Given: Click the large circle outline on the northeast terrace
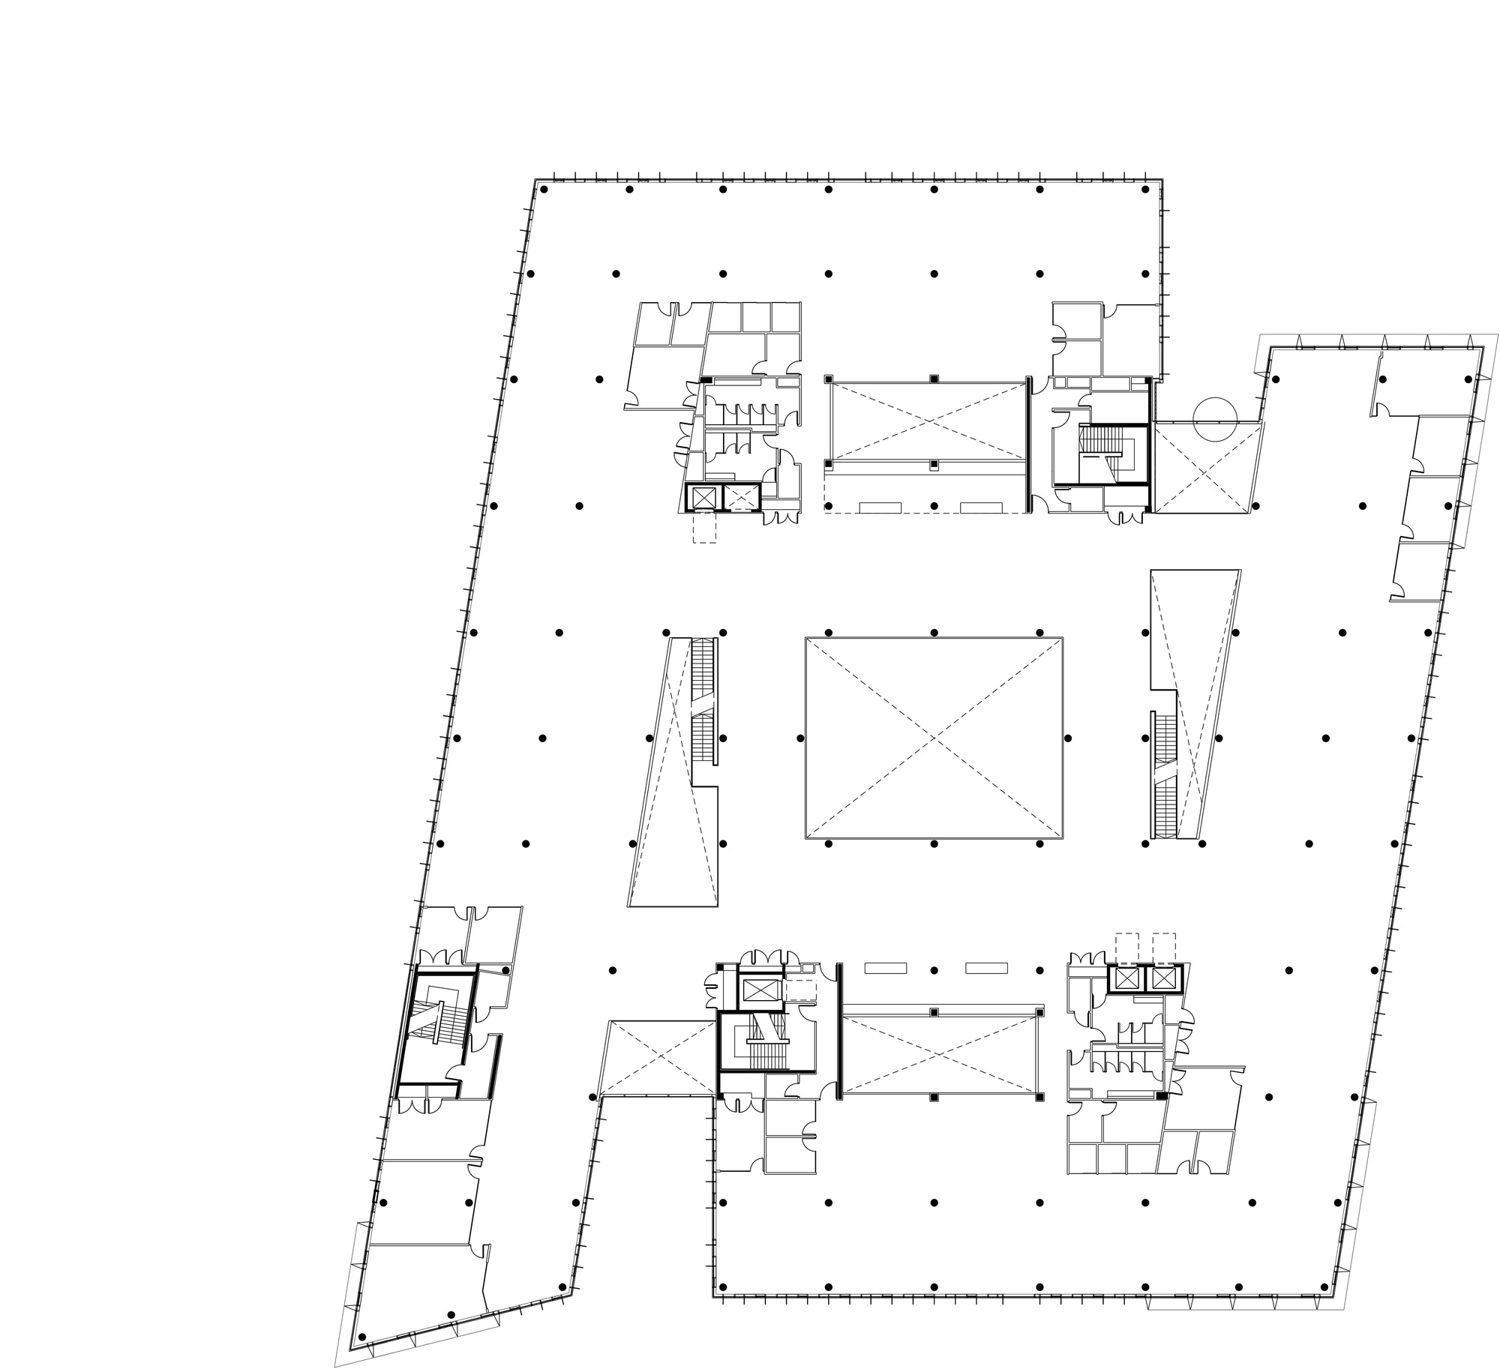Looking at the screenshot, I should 1214,418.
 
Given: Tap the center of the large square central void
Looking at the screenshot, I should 934,738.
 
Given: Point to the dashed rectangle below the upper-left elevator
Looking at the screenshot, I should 704,527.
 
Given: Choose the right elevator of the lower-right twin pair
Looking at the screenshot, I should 1163,978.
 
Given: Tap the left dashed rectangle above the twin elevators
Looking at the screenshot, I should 1127,946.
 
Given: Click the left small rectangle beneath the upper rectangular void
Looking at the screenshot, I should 880,507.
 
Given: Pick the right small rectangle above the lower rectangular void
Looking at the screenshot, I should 986,968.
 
